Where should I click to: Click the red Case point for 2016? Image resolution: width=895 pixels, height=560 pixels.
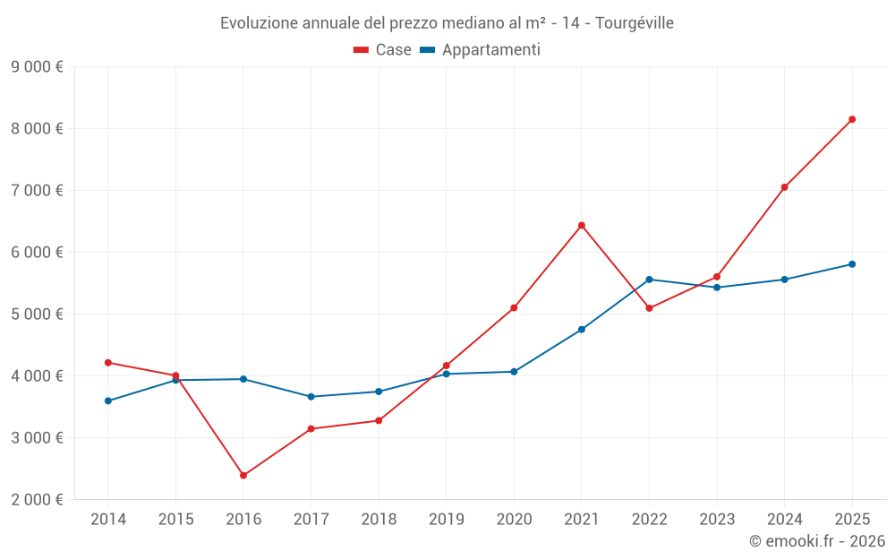coord(243,475)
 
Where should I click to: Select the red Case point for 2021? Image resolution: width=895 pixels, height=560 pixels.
coord(582,225)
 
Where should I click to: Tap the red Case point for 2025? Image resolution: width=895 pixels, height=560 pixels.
coord(852,119)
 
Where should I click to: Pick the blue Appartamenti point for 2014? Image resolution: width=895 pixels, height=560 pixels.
coord(108,401)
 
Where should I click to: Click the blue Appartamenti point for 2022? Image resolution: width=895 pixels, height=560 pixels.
coord(649,280)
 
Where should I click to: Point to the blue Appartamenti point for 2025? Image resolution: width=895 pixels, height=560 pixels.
coord(852,264)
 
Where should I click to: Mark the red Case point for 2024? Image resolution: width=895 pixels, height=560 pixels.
coord(784,187)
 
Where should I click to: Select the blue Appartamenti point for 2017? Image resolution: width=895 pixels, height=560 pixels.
coord(311,396)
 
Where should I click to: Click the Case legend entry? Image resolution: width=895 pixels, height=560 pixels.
coord(383,50)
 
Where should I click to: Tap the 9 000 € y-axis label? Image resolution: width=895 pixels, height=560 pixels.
coord(37,66)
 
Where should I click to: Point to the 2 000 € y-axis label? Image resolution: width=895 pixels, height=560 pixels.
coord(37,500)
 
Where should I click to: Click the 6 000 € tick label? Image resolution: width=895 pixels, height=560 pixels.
coord(37,253)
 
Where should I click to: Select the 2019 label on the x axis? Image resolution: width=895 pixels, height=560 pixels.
coord(446,520)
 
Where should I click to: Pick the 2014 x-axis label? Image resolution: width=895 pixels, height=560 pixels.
coord(108,520)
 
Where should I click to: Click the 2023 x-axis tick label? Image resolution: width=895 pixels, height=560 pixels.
coord(717,520)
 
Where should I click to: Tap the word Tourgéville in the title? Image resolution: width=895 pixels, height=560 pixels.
coord(635,22)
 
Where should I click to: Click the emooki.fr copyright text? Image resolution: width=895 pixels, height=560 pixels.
coord(816,541)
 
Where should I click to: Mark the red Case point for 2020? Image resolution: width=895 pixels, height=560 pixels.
coord(514,307)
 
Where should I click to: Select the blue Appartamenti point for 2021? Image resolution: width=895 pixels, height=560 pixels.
coord(582,330)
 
